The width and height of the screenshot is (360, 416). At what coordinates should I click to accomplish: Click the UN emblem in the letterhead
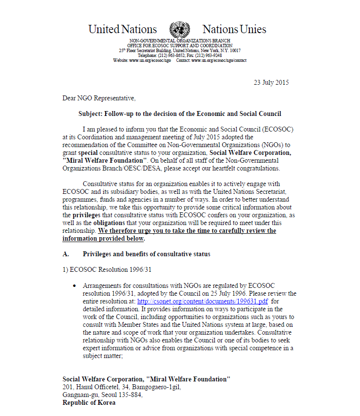tap(179, 29)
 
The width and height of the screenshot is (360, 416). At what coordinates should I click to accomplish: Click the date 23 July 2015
tap(271, 82)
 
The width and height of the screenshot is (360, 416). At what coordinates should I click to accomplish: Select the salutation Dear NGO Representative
tap(98, 98)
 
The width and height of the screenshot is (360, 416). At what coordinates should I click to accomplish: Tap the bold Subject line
tap(180, 114)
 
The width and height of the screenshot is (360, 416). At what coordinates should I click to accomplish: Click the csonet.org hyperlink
tap(223, 302)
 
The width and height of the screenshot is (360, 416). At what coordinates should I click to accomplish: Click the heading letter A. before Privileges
tap(66, 254)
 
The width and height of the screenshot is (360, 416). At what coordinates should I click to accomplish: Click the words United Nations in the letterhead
tap(123, 29)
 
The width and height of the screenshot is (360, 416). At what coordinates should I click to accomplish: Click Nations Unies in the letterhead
tap(234, 29)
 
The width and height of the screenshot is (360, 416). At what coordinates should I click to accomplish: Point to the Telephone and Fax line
tap(180, 56)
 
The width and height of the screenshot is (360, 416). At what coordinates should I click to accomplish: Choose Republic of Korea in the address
tap(89, 403)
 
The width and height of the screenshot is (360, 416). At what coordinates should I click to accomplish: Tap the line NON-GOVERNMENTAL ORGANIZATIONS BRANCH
tap(180, 41)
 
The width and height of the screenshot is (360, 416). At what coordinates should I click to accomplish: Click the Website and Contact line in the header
tap(180, 60)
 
